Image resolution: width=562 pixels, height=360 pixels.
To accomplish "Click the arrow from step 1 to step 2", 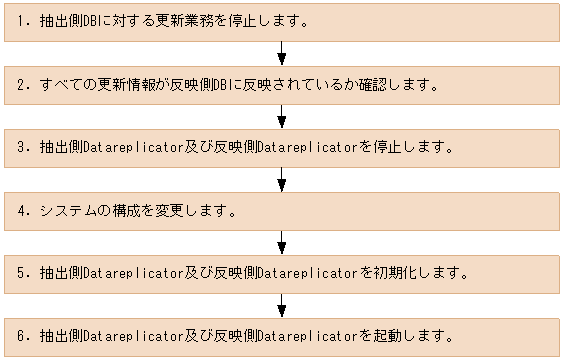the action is (x=282, y=51).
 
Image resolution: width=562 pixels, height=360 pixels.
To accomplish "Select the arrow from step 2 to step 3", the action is (x=282, y=115).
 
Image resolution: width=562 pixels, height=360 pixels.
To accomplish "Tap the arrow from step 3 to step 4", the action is (x=282, y=178).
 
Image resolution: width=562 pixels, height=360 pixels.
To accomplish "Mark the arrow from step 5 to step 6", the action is (x=282, y=304).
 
